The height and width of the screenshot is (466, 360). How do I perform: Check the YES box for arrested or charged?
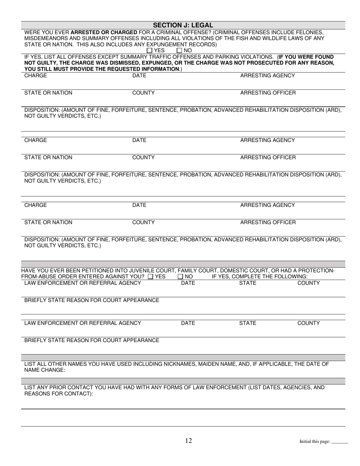pyautogui.click(x=149, y=50)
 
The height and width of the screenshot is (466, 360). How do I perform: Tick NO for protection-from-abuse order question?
pyautogui.click(x=180, y=277)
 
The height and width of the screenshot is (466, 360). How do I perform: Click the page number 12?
pyautogui.click(x=189, y=440)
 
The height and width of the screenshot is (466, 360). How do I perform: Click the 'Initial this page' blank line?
pyautogui.click(x=340, y=443)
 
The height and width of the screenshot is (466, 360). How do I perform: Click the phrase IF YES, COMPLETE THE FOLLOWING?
pyautogui.click(x=260, y=277)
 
